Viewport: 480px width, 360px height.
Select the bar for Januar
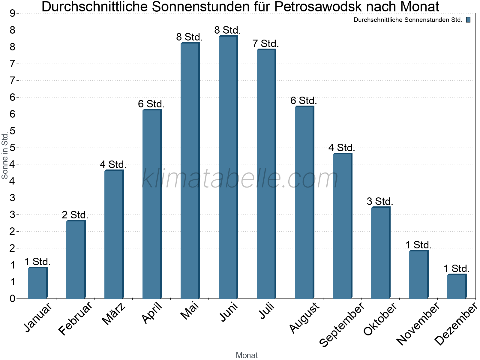[37, 283]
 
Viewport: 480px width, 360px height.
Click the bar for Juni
[228, 167]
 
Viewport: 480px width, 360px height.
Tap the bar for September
[342, 226]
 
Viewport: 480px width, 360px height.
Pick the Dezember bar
[457, 286]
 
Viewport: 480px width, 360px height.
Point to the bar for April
[152, 204]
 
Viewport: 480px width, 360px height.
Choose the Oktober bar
[380, 253]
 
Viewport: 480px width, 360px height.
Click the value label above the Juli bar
[265, 44]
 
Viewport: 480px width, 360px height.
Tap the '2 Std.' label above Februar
[75, 215]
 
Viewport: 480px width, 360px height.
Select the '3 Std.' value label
[380, 201]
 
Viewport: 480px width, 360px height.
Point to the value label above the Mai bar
[190, 37]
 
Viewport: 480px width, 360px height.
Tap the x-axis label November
[418, 323]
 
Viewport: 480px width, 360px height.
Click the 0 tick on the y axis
[12, 298]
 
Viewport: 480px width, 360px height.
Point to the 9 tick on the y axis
[12, 13]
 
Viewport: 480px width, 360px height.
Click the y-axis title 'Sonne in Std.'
[4, 156]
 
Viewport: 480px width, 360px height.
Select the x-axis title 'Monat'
[247, 355]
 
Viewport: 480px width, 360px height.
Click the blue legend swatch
[468, 20]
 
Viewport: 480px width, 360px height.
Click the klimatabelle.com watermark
[240, 178]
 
